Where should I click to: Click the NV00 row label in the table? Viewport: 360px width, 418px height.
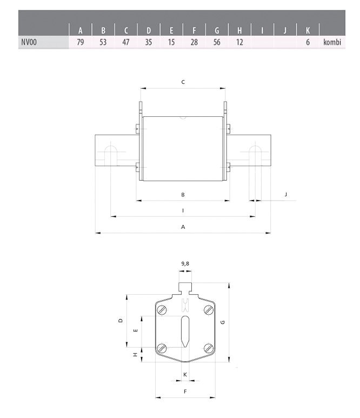pos(29,42)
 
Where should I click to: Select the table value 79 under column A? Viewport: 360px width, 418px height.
pos(80,42)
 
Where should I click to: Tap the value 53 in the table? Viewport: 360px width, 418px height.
pos(103,42)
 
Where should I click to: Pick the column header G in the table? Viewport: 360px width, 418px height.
pos(217,31)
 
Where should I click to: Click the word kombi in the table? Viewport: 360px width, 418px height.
pos(332,42)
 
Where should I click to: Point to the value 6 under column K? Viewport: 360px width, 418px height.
pos(308,42)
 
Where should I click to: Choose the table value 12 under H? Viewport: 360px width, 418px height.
pos(239,42)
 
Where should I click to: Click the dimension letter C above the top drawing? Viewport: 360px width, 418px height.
pos(183,82)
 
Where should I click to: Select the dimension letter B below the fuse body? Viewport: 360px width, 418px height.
pos(183,195)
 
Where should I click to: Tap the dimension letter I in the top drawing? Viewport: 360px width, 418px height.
pos(183,210)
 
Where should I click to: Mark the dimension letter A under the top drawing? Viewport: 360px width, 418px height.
pos(183,227)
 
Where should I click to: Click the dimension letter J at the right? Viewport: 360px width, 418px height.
pos(285,194)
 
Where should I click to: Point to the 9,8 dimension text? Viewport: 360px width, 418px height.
pos(185,264)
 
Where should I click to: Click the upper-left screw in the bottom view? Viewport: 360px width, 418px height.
pos(162,310)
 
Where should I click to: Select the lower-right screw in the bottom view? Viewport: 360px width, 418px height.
pos(209,348)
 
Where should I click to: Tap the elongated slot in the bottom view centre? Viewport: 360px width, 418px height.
pos(185,331)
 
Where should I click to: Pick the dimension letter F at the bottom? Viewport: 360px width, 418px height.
pos(185,392)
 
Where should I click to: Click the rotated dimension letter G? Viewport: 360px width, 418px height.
pos(223,322)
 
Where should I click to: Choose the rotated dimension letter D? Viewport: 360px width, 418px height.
pos(121,321)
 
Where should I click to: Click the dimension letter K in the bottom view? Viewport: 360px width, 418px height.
pos(185,375)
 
